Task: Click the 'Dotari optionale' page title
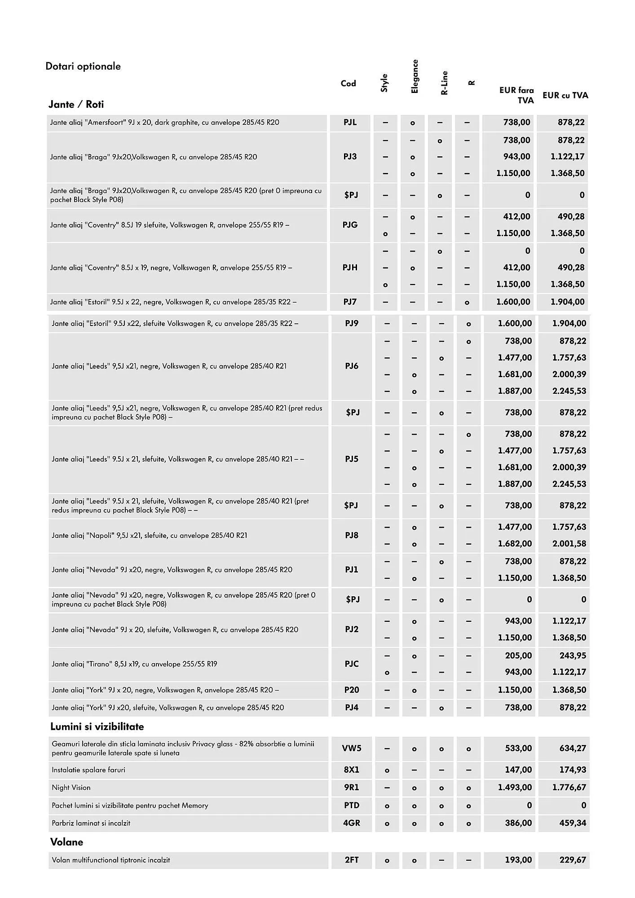tap(83, 66)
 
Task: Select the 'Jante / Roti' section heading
tap(76, 105)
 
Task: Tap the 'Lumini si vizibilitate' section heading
tap(97, 726)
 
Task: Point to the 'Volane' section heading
tap(66, 842)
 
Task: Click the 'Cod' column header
tap(348, 84)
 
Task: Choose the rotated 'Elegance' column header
tap(415, 77)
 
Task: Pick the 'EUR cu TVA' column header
tap(565, 95)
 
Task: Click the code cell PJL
tap(350, 122)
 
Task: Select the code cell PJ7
tap(350, 302)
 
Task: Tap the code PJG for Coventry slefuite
tap(350, 224)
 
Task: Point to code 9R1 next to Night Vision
tap(352, 787)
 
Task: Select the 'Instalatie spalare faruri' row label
tap(88, 770)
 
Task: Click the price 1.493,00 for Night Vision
tap(515, 787)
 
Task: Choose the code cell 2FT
tap(352, 860)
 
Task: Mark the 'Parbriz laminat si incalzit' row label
tap(91, 823)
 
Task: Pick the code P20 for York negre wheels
tap(352, 690)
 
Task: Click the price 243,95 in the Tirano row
tap(573, 656)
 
